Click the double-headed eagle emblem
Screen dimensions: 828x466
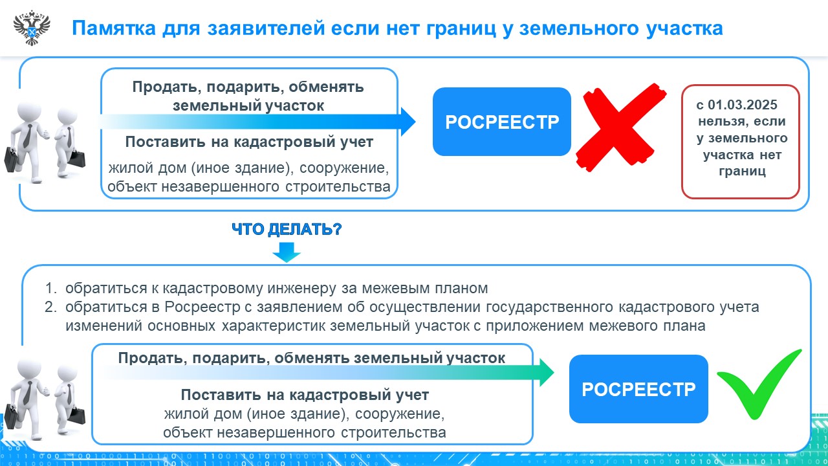pos(32,28)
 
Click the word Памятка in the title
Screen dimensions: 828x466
pos(114,28)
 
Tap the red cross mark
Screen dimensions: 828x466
pos(621,128)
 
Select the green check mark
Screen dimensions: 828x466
pos(759,384)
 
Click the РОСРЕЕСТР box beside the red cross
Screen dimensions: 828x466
pos(502,122)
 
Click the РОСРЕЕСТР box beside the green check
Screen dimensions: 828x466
pos(638,389)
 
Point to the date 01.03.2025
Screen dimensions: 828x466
pos(743,105)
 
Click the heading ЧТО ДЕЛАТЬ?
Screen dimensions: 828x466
pos(287,229)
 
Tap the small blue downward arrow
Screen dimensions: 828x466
pos(287,252)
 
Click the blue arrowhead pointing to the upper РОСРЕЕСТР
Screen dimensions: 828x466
pos(408,122)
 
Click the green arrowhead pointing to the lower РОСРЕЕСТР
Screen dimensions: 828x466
pos(547,372)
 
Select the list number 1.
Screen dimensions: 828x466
pos(50,288)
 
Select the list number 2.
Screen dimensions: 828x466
pos(50,307)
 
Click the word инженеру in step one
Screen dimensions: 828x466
pos(301,289)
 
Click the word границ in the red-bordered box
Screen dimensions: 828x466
pos(742,172)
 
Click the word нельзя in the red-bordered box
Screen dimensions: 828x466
pos(721,121)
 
